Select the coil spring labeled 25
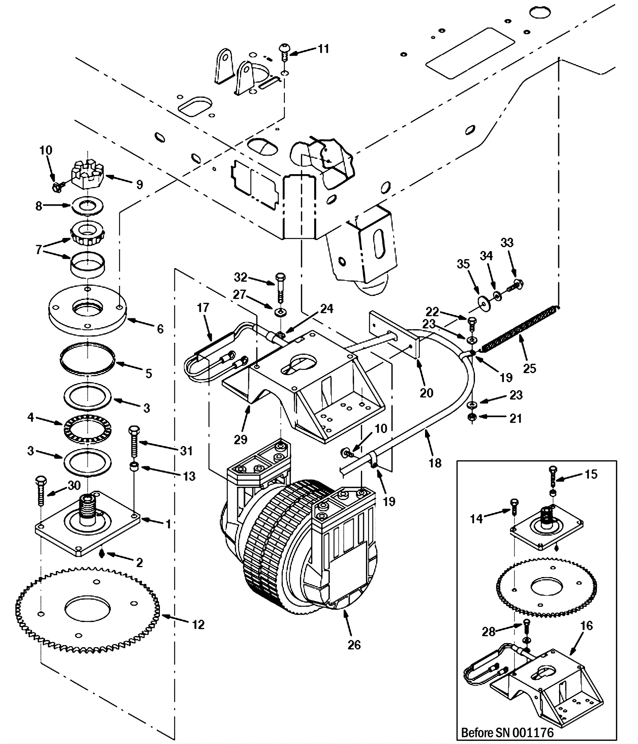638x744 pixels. tap(518, 328)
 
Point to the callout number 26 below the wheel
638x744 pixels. tap(354, 645)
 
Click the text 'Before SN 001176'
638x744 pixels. tap(507, 732)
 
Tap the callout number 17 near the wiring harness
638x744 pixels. tap(203, 308)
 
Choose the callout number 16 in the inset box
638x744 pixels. tap(587, 626)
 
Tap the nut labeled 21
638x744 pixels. tap(472, 417)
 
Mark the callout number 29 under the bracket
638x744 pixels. tap(241, 440)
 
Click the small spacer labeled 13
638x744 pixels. tap(134, 467)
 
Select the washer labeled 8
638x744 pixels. tap(87, 206)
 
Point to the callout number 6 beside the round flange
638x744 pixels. tap(160, 329)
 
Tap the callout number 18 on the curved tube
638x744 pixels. tap(435, 463)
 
